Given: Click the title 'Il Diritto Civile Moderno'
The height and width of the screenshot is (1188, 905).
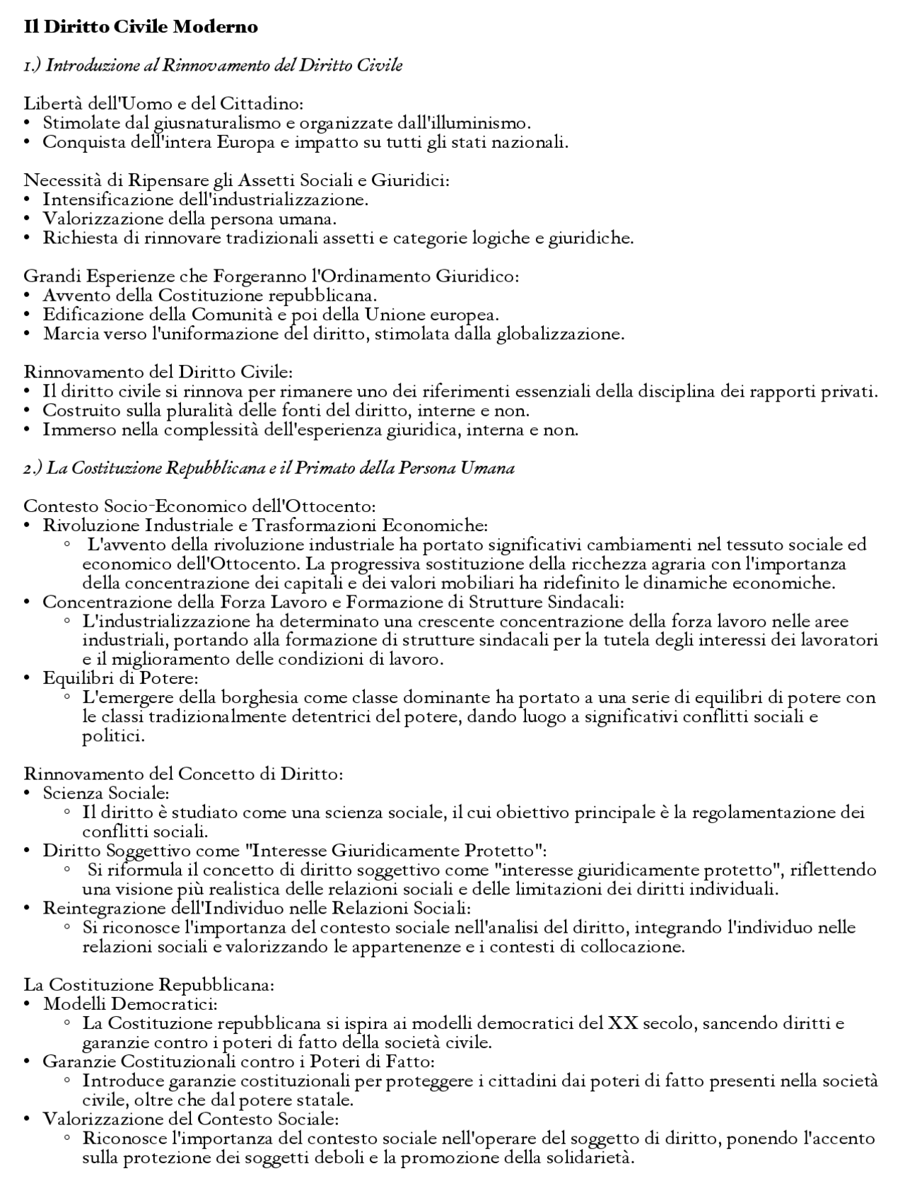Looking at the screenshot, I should [x=141, y=27].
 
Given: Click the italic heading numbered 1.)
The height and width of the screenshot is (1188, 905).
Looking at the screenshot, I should [x=213, y=65].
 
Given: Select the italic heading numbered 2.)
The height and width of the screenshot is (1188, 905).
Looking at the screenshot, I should [x=269, y=468].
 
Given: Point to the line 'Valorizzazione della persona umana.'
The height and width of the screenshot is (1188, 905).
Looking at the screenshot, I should [x=189, y=219].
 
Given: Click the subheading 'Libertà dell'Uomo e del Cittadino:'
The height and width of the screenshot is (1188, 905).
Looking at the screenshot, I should [x=163, y=104].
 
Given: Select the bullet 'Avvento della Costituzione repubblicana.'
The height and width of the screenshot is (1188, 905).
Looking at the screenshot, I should [x=209, y=296].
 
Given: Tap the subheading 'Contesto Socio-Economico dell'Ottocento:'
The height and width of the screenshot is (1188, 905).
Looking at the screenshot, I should [x=199, y=506].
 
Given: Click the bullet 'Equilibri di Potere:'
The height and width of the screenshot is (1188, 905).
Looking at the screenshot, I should [x=119, y=679].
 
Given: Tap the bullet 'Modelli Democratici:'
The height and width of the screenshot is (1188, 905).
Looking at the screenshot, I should [x=130, y=1004].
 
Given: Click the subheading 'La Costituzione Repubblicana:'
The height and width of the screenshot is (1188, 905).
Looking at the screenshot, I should [x=148, y=985].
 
